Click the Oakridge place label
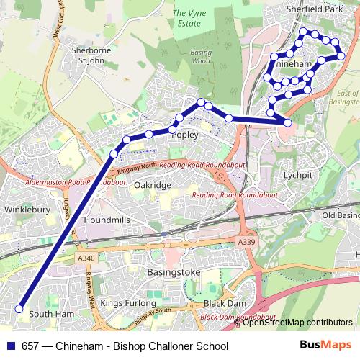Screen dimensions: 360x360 [x=153, y=185]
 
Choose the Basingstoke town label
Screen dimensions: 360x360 [x=173, y=273]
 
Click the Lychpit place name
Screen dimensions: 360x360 [x=298, y=175]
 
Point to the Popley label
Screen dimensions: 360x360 [x=186, y=135]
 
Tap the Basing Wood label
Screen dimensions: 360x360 [x=202, y=56]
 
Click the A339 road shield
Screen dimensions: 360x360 [x=247, y=243]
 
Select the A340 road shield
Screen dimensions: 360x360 [x=85, y=257]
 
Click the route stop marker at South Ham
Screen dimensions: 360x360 [x=19, y=310]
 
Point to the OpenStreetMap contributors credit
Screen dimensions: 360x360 [x=297, y=323]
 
